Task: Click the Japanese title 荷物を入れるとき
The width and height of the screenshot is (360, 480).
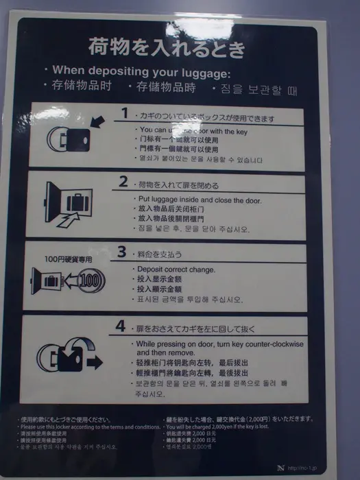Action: (x=166, y=48)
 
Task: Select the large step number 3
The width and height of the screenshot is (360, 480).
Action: (x=121, y=252)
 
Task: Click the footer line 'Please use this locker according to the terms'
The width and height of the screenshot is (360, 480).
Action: (x=88, y=427)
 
